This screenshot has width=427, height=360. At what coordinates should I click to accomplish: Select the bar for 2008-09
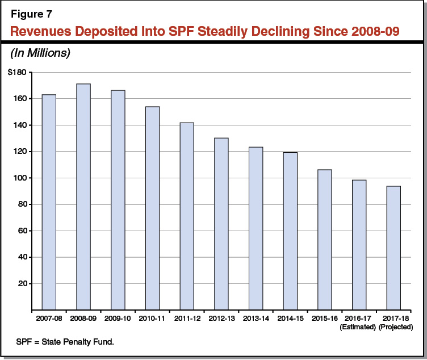tap(83, 196)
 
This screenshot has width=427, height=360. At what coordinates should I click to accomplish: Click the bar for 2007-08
tap(49, 202)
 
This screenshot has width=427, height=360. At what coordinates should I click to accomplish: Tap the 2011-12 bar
tap(187, 216)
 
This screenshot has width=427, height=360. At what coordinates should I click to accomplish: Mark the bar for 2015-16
tap(325, 240)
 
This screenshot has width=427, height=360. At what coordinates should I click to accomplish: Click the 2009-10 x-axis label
tap(118, 319)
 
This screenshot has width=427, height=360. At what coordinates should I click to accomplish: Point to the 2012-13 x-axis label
tap(221, 319)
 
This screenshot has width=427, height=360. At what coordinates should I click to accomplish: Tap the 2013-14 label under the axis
tap(256, 319)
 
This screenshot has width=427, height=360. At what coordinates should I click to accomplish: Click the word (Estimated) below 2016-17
tap(359, 328)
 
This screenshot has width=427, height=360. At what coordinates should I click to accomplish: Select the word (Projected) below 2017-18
tap(393, 328)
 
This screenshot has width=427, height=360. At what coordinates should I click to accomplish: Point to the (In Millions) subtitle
tap(38, 53)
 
